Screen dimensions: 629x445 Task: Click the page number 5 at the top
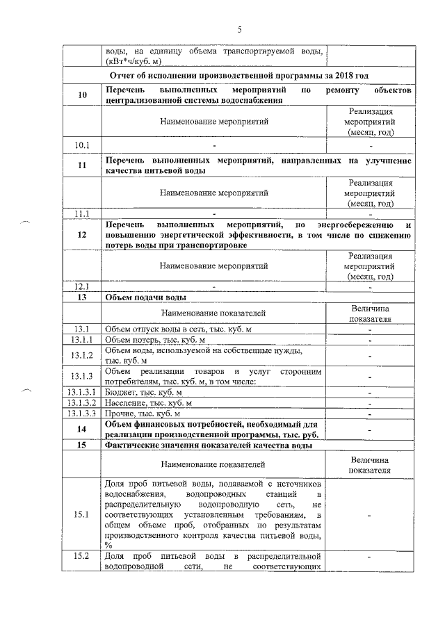coord(240,29)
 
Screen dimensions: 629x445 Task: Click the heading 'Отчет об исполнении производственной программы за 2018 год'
coord(238,75)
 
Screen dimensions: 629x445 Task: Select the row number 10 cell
coord(82,96)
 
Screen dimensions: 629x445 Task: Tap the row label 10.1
coord(82,145)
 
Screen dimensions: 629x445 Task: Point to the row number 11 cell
coord(82,165)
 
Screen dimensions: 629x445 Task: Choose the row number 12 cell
coord(82,235)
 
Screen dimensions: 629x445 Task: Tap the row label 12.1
coord(82,286)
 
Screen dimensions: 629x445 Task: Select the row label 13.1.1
coord(82,341)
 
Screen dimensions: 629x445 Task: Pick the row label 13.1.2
coord(82,357)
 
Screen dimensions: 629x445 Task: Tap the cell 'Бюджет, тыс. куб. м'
coord(144,393)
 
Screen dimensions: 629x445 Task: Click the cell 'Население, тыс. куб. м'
coord(148,403)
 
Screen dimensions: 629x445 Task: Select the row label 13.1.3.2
coord(82,403)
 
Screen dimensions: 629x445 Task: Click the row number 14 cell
coord(82,430)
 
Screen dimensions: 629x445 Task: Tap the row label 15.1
coord(82,515)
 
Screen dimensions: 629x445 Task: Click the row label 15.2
coord(82,557)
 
